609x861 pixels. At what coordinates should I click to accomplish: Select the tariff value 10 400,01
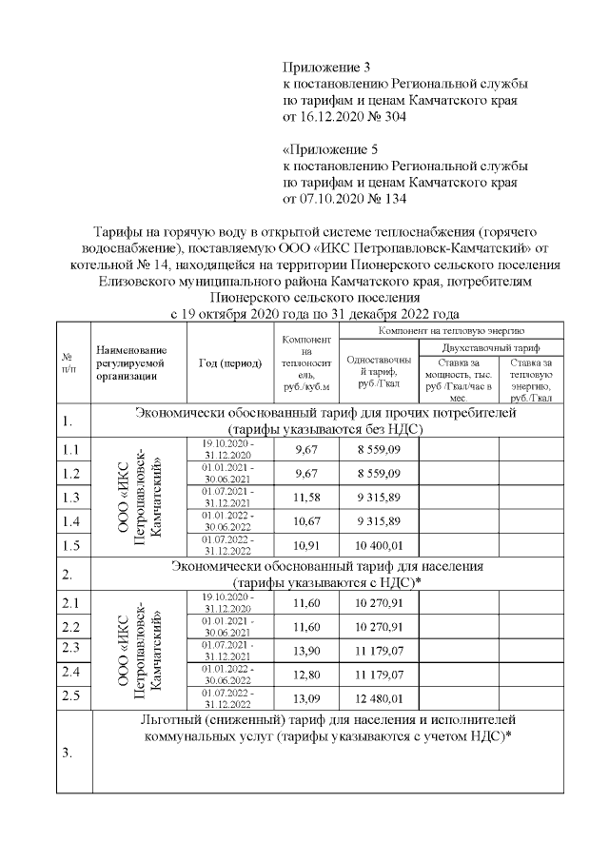[373, 547]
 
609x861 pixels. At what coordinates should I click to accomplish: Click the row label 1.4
[70, 521]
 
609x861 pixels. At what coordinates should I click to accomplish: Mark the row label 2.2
[70, 626]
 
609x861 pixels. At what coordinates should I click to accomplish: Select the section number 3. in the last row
[68, 753]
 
